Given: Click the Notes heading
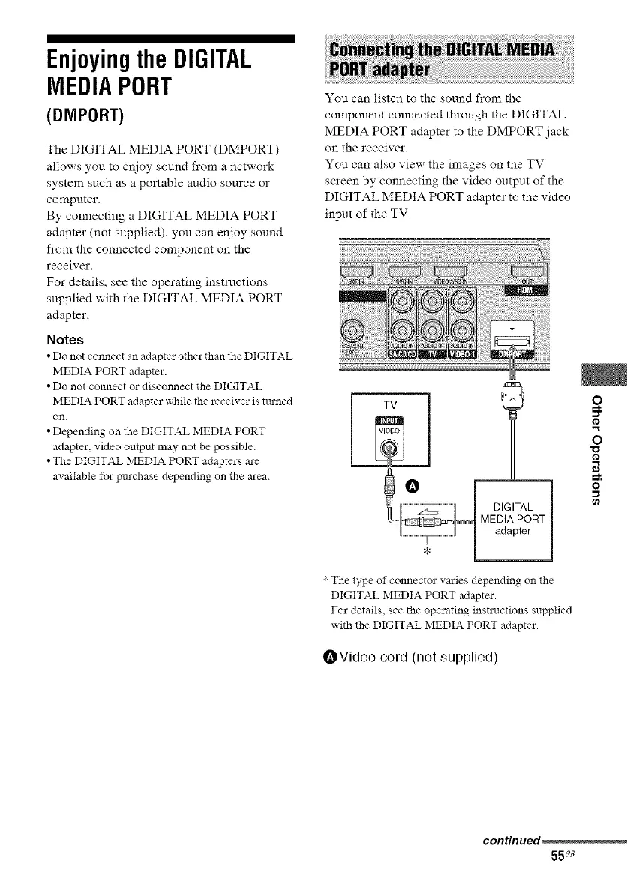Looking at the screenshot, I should pyautogui.click(x=65, y=339).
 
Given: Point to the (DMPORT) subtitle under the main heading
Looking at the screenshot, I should pyautogui.click(x=86, y=116).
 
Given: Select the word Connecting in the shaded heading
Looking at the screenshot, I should pyautogui.click(x=381, y=49).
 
